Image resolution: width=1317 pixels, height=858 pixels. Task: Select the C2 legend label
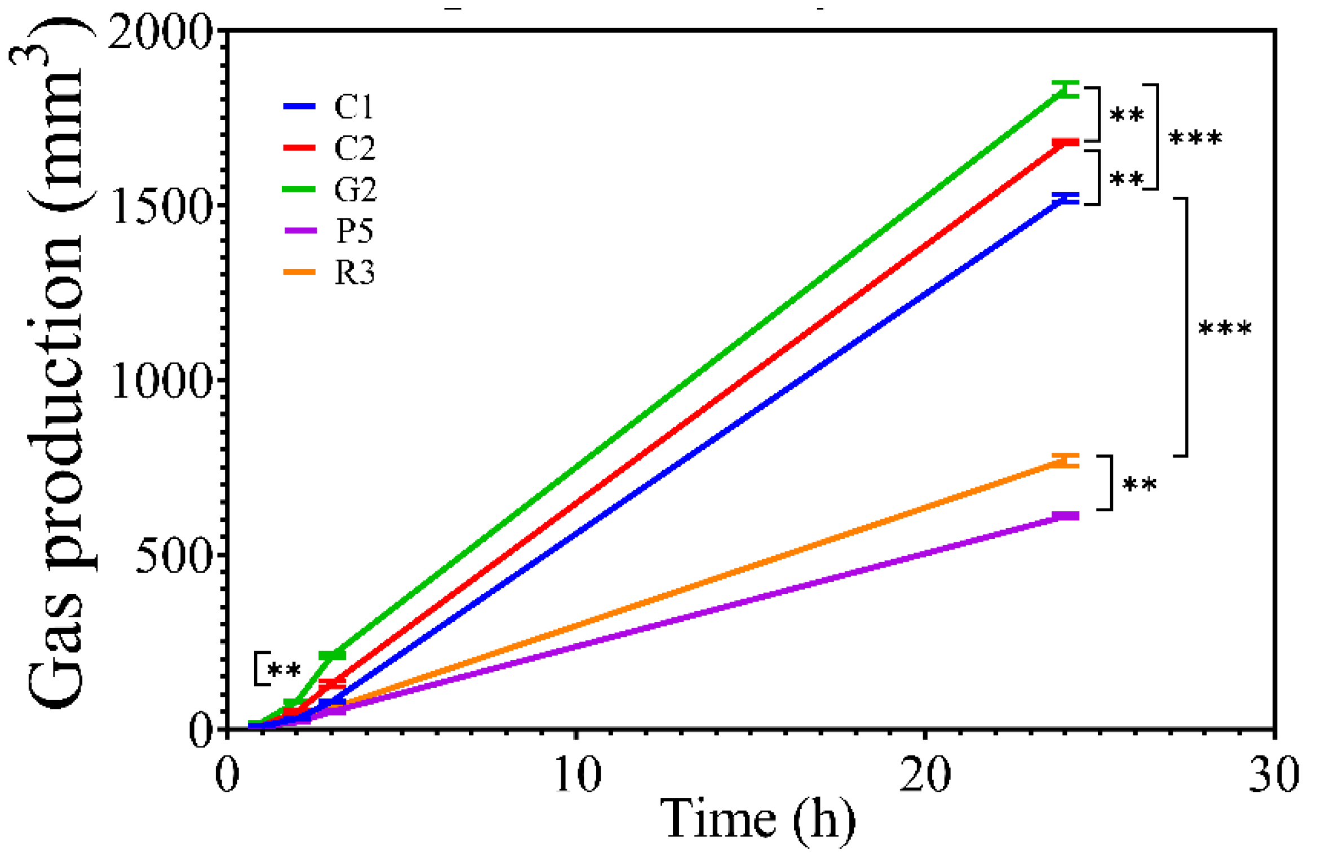pos(354,148)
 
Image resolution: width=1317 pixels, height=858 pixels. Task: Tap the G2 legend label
pos(355,189)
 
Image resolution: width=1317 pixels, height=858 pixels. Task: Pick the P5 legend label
pos(354,231)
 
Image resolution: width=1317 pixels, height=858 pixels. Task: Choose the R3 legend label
pos(354,273)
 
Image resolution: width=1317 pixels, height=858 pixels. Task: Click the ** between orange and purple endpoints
pos(1139,484)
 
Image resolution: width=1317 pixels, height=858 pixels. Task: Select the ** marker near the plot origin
pos(284,670)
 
